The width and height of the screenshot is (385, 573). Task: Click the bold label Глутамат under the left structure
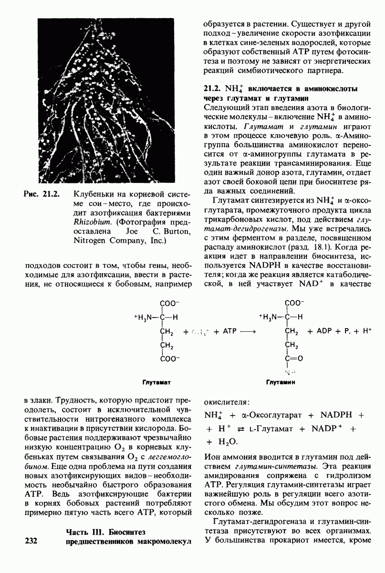(x=156, y=382)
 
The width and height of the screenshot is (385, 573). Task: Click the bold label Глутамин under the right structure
(x=281, y=382)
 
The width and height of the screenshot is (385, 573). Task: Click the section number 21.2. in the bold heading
(x=211, y=88)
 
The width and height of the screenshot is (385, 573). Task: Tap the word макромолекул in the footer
(x=162, y=541)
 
